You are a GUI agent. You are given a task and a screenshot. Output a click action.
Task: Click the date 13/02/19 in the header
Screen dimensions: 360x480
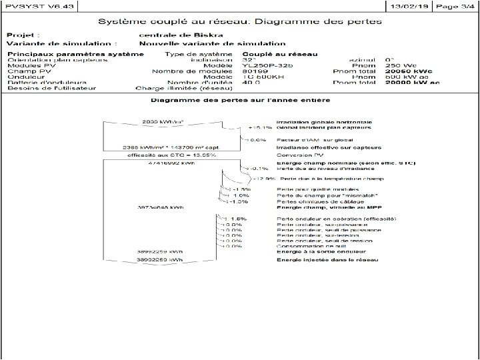(x=409, y=5)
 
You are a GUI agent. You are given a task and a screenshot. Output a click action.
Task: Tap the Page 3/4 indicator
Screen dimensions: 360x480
(x=455, y=5)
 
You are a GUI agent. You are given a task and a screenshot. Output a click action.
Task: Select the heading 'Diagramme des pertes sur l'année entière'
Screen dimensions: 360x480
(x=239, y=101)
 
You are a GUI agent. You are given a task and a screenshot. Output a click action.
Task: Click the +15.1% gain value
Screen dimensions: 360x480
(x=260, y=127)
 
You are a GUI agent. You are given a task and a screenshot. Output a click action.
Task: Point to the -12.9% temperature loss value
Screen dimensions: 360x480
(x=263, y=179)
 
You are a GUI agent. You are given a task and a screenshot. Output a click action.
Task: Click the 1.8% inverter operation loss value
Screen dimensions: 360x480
(x=238, y=219)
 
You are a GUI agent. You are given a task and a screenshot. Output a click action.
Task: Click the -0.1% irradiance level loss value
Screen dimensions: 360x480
(x=259, y=169)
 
